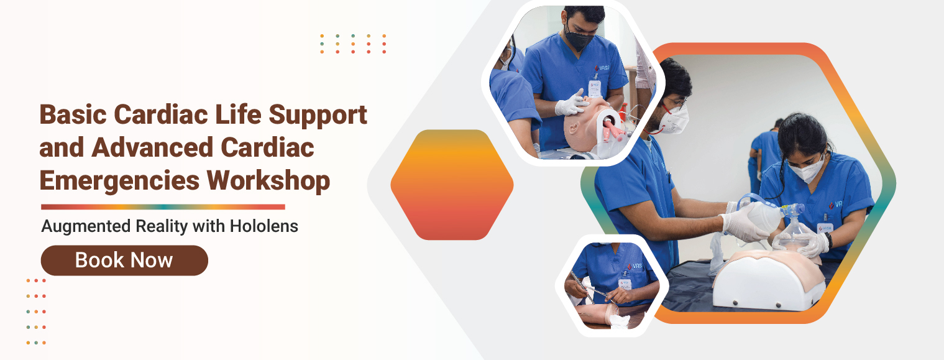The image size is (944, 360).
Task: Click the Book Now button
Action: pyautogui.click(x=124, y=261)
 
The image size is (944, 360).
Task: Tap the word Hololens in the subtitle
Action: pyautogui.click(x=264, y=226)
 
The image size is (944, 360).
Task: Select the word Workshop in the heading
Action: pyautogui.click(x=268, y=181)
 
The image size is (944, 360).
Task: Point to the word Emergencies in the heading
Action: pyautogui.click(x=119, y=182)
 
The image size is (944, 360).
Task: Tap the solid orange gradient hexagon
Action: pyautogui.click(x=452, y=185)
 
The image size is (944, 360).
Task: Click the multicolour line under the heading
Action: pyautogui.click(x=163, y=207)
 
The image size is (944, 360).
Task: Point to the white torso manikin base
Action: pyautogui.click(x=768, y=282)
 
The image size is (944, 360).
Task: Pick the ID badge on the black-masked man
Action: pyautogui.click(x=595, y=88)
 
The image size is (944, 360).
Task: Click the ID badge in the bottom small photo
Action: pyautogui.click(x=624, y=284)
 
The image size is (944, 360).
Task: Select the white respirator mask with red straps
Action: pyautogui.click(x=674, y=119)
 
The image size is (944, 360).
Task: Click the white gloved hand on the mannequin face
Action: pyautogui.click(x=571, y=104)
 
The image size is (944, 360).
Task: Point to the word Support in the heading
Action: pyautogui.click(x=318, y=115)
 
